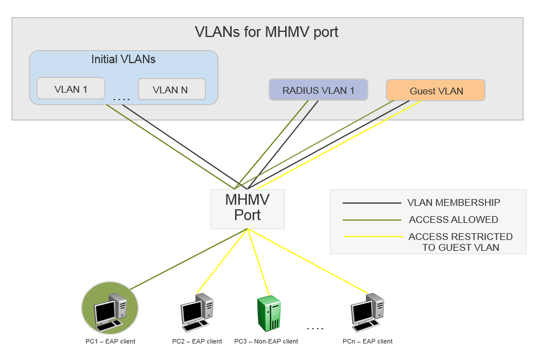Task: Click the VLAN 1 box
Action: (x=71, y=89)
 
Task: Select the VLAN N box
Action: (x=171, y=89)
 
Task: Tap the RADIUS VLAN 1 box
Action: (x=318, y=90)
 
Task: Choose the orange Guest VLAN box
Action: (x=436, y=90)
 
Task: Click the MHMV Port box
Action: (x=247, y=208)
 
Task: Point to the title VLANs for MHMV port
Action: (x=266, y=32)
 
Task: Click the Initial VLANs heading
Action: (x=124, y=59)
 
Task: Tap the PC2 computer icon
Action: (x=196, y=312)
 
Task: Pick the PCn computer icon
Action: (x=367, y=312)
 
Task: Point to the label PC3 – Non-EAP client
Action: (x=266, y=341)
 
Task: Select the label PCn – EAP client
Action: (x=367, y=341)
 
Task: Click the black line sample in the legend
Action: (x=371, y=203)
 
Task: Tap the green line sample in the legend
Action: (x=371, y=220)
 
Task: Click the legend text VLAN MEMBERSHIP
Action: (x=454, y=202)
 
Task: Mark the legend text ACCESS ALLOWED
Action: (x=453, y=220)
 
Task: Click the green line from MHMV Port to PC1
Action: (x=188, y=259)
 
